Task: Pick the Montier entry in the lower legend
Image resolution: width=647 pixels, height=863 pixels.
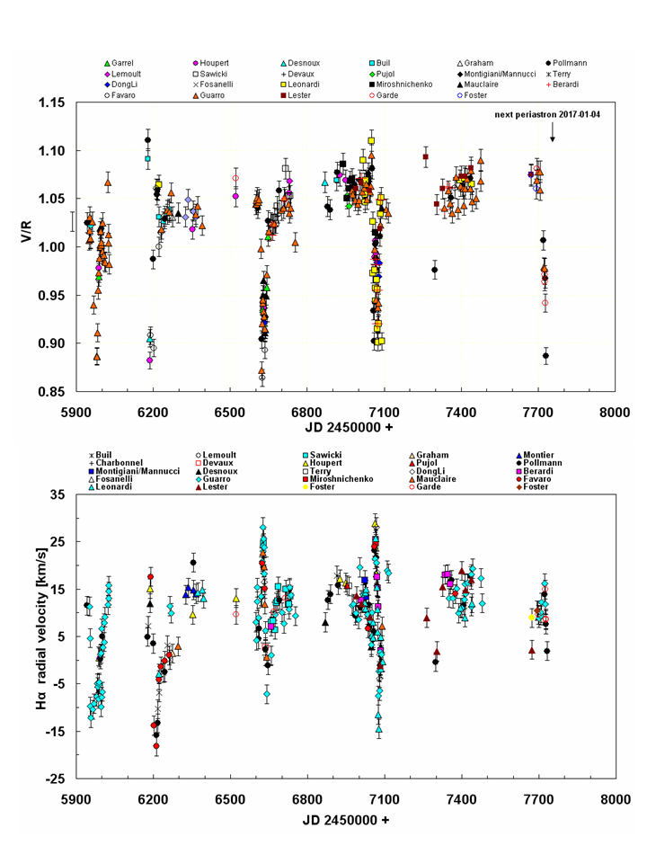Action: [564, 454]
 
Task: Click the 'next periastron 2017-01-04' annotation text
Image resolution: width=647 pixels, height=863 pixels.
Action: [552, 115]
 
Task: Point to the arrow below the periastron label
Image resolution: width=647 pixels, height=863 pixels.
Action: [553, 132]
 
